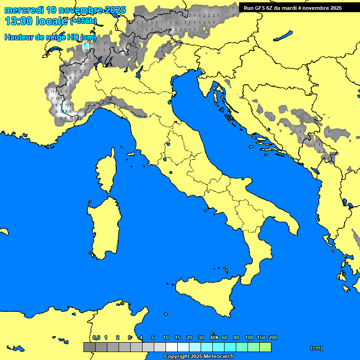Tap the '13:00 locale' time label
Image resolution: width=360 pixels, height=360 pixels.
(x=36, y=21)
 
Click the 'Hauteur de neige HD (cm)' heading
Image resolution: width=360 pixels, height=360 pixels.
(x=50, y=37)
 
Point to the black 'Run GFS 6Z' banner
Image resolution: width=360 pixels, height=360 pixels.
(x=299, y=7)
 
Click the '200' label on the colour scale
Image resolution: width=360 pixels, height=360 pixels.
(x=273, y=337)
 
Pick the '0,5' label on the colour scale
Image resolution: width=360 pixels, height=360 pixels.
(x=96, y=337)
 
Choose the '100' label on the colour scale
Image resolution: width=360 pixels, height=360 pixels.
(x=249, y=337)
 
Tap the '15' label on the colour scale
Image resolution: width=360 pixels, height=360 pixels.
(x=178, y=337)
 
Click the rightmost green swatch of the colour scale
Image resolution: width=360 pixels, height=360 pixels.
(x=265, y=347)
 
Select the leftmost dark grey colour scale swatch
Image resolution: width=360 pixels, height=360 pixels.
(x=89, y=347)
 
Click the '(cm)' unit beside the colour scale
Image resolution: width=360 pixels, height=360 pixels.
(x=316, y=348)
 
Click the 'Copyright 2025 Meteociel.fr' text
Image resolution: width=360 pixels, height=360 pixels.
(x=198, y=357)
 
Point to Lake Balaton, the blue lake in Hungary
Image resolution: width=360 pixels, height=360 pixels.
(x=284, y=36)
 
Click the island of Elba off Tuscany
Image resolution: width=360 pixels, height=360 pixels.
(x=131, y=154)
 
